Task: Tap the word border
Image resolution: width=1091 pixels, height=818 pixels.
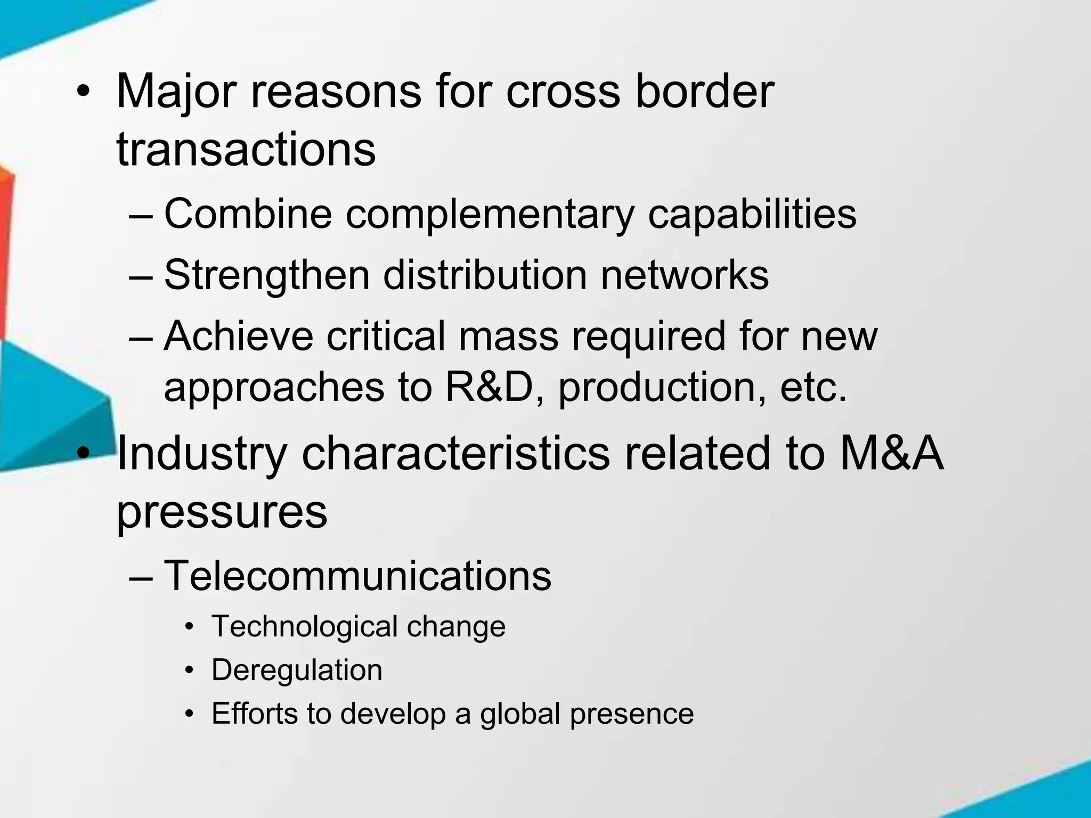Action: click(x=704, y=92)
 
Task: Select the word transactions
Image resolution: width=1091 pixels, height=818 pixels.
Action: click(x=246, y=150)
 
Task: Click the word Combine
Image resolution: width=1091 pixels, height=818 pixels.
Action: click(x=248, y=214)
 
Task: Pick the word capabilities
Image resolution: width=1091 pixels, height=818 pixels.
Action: click(x=752, y=215)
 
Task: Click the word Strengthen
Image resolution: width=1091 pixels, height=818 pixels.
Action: click(x=266, y=275)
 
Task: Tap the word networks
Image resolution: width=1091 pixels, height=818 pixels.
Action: click(x=685, y=275)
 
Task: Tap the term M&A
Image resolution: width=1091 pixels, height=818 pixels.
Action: click(x=891, y=454)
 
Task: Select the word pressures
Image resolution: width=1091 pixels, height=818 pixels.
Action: click(x=222, y=512)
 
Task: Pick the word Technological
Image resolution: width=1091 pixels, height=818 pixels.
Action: click(x=305, y=626)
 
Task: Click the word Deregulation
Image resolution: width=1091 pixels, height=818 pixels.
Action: click(x=297, y=670)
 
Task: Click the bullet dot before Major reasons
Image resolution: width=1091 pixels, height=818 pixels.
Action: click(x=83, y=93)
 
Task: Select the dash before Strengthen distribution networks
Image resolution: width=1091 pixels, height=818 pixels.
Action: click(x=141, y=276)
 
